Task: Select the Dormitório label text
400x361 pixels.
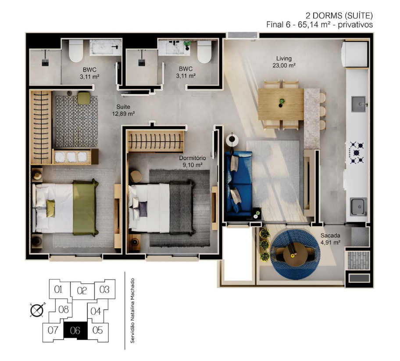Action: (193, 158)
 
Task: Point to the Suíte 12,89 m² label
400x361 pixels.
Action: (123, 110)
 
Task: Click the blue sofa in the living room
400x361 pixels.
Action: (239, 185)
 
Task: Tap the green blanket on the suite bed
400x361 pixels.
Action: (85, 207)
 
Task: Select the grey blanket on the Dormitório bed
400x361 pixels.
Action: (182, 207)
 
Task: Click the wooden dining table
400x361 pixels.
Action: (281, 104)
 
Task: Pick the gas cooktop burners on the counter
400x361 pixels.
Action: (357, 152)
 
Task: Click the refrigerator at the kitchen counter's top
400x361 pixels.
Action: (355, 54)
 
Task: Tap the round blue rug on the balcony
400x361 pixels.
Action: (295, 254)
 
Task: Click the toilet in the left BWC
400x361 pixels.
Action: (76, 51)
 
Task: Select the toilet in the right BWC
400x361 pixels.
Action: (204, 52)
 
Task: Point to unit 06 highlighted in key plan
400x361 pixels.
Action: (75, 331)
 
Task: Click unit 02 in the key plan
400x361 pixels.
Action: (82, 290)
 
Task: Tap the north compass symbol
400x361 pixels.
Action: (37, 310)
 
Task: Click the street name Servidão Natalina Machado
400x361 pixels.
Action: (132, 310)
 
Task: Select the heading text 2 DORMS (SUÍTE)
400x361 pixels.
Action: (339, 15)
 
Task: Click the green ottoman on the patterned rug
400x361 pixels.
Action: (84, 98)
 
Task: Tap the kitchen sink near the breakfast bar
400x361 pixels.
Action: (359, 104)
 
